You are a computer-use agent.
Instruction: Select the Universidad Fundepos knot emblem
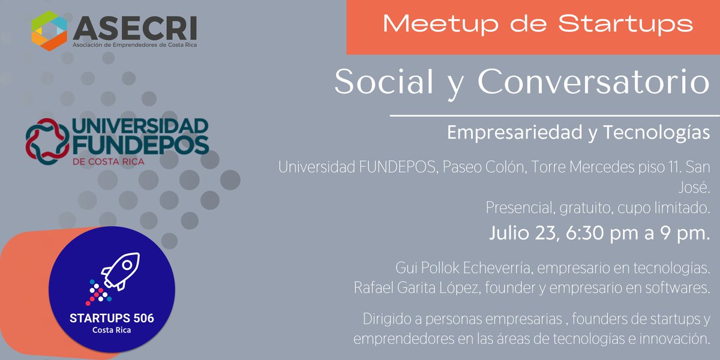(47, 141)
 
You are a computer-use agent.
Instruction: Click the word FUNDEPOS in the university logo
(140, 145)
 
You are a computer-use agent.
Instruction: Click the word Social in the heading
(384, 82)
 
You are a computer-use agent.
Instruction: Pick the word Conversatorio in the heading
(594, 82)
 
